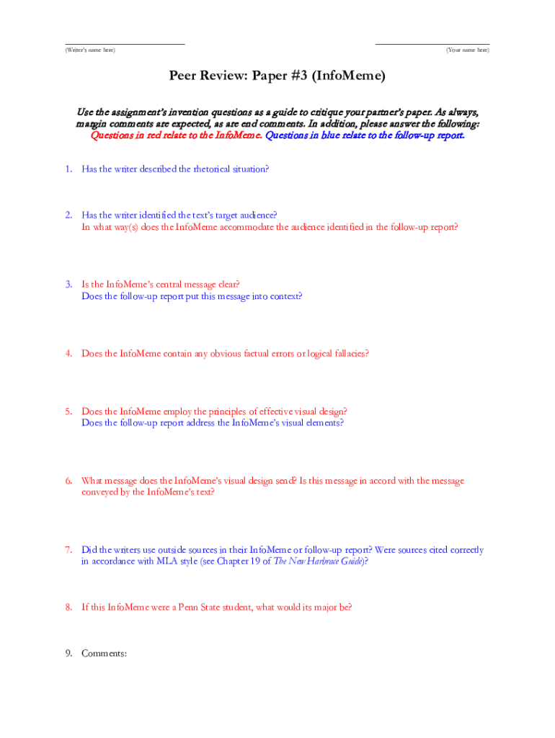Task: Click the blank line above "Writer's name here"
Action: [125, 43]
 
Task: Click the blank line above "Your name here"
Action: [432, 43]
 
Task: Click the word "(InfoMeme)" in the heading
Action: [345, 76]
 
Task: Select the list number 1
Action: [68, 169]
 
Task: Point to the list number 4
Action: [68, 354]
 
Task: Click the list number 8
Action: [68, 608]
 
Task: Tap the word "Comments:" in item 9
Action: [105, 654]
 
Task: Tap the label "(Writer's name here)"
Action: [90, 50]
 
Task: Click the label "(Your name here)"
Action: [468, 50]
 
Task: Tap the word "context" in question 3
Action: [285, 296]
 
